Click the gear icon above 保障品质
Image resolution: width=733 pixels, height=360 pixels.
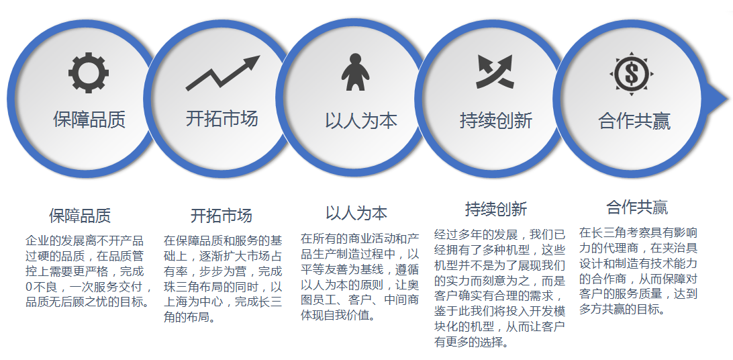[x=89, y=73]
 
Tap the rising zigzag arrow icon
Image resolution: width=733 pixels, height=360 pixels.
[x=223, y=73]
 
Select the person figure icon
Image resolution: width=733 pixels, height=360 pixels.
[x=355, y=72]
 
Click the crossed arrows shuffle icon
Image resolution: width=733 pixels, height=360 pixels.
[x=495, y=72]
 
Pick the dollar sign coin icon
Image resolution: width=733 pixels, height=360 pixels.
[x=632, y=74]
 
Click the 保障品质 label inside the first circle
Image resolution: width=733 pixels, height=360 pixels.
[x=89, y=120]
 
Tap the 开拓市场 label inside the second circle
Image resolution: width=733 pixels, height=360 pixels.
[x=222, y=118]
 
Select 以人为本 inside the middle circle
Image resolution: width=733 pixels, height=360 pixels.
[x=361, y=121]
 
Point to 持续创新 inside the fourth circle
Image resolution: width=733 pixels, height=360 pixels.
[x=496, y=120]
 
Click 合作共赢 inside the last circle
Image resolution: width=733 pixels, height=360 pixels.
[x=634, y=121]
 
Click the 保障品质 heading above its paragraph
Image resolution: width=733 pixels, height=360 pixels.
[x=80, y=216]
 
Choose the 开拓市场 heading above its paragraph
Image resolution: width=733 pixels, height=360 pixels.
[x=221, y=216]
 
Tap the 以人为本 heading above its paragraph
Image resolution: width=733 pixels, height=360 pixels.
[x=356, y=213]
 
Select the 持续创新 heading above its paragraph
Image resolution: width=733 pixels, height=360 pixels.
[x=496, y=208]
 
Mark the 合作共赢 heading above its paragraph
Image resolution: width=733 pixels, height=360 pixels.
[x=637, y=207]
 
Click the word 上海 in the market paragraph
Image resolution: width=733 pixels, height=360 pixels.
[x=176, y=302]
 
